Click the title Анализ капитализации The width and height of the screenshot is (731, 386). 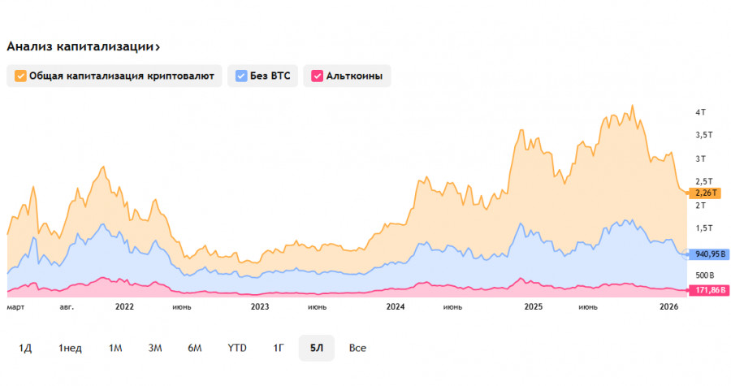pyautogui.click(x=82, y=46)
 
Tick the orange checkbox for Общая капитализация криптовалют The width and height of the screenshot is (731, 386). pyautogui.click(x=20, y=76)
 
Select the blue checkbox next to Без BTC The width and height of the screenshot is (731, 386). pyautogui.click(x=240, y=76)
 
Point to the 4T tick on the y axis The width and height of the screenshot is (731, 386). pyautogui.click(x=700, y=111)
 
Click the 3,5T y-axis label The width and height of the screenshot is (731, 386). pyautogui.click(x=703, y=134)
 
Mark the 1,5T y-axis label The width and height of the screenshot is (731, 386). pyautogui.click(x=703, y=228)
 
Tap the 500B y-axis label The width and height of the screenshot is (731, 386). pyautogui.click(x=703, y=275)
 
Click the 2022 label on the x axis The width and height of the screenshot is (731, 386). pyautogui.click(x=124, y=307)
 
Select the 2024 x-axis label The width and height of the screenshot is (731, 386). pyautogui.click(x=396, y=307)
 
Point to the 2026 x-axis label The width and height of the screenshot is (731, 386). pyautogui.click(x=668, y=307)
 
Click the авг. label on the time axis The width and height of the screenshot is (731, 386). pyautogui.click(x=67, y=307)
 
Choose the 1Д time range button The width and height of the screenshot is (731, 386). pyautogui.click(x=25, y=348)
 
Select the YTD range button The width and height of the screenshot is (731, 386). pyautogui.click(x=236, y=348)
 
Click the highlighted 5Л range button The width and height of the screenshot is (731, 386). pyautogui.click(x=316, y=348)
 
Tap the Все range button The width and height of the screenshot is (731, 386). pyautogui.click(x=357, y=348)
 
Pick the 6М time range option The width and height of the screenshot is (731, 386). pyautogui.click(x=194, y=348)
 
